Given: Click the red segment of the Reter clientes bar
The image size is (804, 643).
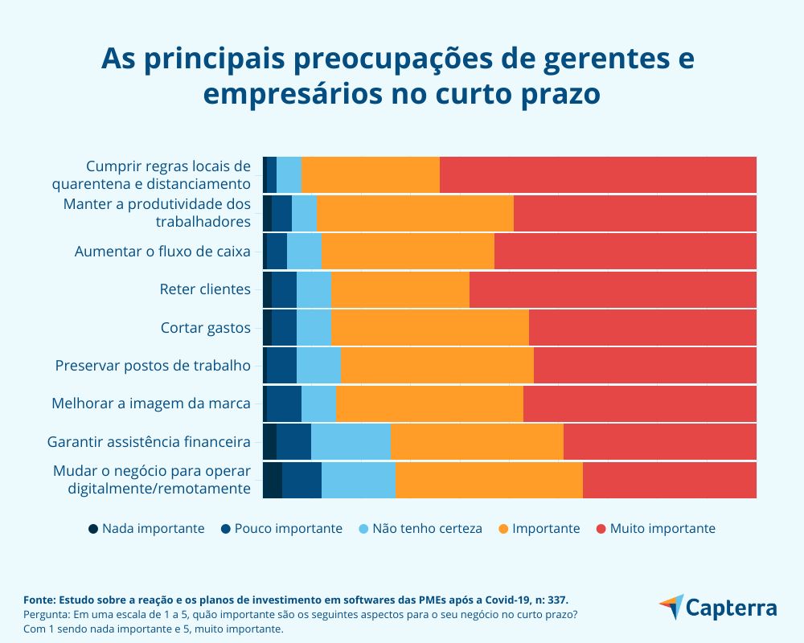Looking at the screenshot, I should point(613,289).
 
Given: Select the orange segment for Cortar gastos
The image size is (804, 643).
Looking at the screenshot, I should point(429,328).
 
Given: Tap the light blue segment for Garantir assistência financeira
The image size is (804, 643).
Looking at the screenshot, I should point(351,441).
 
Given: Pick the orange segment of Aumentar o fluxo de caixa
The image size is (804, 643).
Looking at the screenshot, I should point(408,252).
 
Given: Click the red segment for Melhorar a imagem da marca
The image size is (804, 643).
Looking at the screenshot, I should point(639,403).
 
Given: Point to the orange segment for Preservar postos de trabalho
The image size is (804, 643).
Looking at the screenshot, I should point(437,366).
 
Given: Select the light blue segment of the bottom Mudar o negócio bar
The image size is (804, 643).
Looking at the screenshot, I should point(359,480).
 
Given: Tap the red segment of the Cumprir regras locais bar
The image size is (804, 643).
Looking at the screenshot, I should point(597,174).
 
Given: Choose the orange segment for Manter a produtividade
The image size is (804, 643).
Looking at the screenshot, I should point(415,213).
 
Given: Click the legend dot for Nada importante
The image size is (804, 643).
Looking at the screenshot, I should point(93,529).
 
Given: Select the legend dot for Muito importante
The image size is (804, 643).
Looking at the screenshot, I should point(601,529).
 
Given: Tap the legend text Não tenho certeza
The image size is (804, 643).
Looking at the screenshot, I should point(438,529).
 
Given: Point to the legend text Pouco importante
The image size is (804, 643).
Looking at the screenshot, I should point(288,529).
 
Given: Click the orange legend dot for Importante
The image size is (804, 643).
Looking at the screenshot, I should point(503,529).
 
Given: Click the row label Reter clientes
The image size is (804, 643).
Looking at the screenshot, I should point(205,289).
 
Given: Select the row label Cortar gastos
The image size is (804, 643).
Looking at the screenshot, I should point(206,328).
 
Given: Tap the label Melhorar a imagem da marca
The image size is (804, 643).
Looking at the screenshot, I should point(151,403).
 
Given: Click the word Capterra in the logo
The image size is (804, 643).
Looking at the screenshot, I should point(731,608).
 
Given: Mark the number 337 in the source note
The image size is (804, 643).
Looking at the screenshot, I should point(557,600).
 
